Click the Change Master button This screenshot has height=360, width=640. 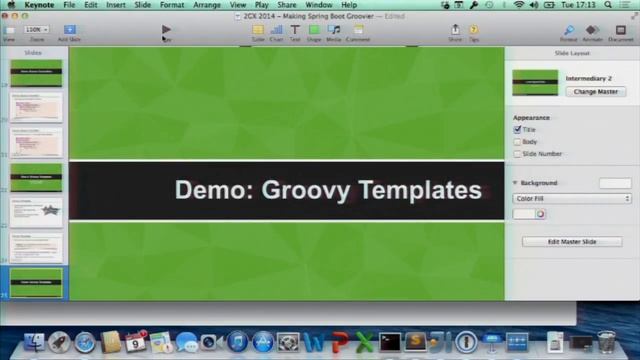pos(595,91)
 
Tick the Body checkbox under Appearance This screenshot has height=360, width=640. pos(518,142)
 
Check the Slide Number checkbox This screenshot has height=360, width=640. pos(518,154)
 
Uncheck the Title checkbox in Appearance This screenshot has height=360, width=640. pos(518,130)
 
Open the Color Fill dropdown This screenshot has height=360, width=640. pos(572,199)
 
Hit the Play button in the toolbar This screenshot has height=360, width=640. pos(166,30)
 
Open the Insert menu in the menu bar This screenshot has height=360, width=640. pos(116,5)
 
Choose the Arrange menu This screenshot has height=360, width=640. pos(207,5)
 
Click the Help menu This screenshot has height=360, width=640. pos(349,5)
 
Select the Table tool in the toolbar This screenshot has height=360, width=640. pos(258,30)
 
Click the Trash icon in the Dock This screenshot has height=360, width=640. pos(606,343)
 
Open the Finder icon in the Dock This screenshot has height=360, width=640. pos(34,343)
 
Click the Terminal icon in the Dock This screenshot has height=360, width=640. pos(390,343)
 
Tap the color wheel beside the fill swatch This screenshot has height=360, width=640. pos(540,214)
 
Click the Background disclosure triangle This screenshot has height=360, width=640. pos(515,183)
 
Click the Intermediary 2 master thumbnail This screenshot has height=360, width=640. pos(535,82)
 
